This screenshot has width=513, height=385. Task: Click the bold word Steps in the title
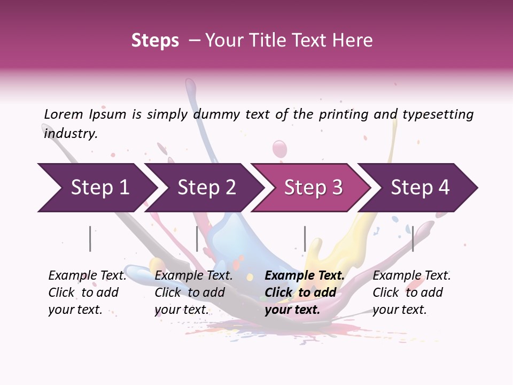pyautogui.click(x=155, y=41)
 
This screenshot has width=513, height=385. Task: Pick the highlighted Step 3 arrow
pyautogui.click(x=313, y=188)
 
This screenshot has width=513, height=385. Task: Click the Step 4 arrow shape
pyautogui.click(x=420, y=188)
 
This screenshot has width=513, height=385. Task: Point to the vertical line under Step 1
pyautogui.click(x=90, y=238)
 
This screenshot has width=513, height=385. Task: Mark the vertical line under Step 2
pyautogui.click(x=197, y=238)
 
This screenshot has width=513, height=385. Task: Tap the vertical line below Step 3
pyautogui.click(x=305, y=238)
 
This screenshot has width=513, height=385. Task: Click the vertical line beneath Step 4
pyautogui.click(x=413, y=238)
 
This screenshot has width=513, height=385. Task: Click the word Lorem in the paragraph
pyautogui.click(x=64, y=114)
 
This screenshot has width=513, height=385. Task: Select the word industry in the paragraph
pyautogui.click(x=70, y=134)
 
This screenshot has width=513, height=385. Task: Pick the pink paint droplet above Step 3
pyautogui.click(x=279, y=149)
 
